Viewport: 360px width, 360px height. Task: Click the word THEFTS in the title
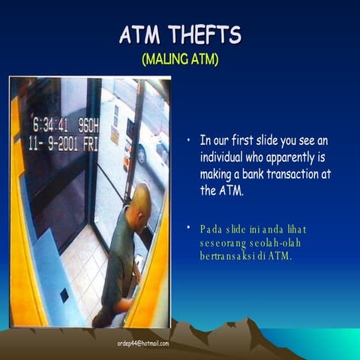tap(205, 34)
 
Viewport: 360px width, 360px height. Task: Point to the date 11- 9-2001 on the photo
tap(52, 142)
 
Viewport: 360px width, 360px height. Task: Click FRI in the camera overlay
tap(89, 142)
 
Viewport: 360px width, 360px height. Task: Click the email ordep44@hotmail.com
tap(143, 343)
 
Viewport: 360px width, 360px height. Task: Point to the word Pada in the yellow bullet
tap(213, 228)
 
